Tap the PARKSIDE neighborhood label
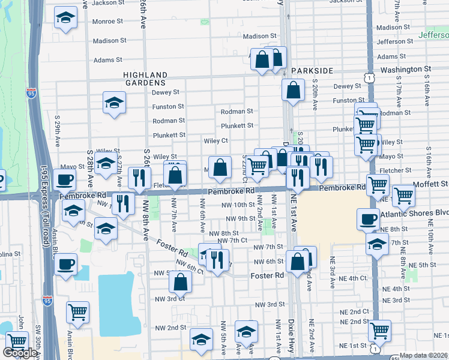pos(312,71)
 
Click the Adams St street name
pos(107,60)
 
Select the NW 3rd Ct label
pos(170,298)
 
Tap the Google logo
pos(20,353)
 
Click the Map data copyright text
pos(423,355)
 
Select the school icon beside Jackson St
pos(65,18)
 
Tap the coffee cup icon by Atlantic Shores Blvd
pos(368,219)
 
